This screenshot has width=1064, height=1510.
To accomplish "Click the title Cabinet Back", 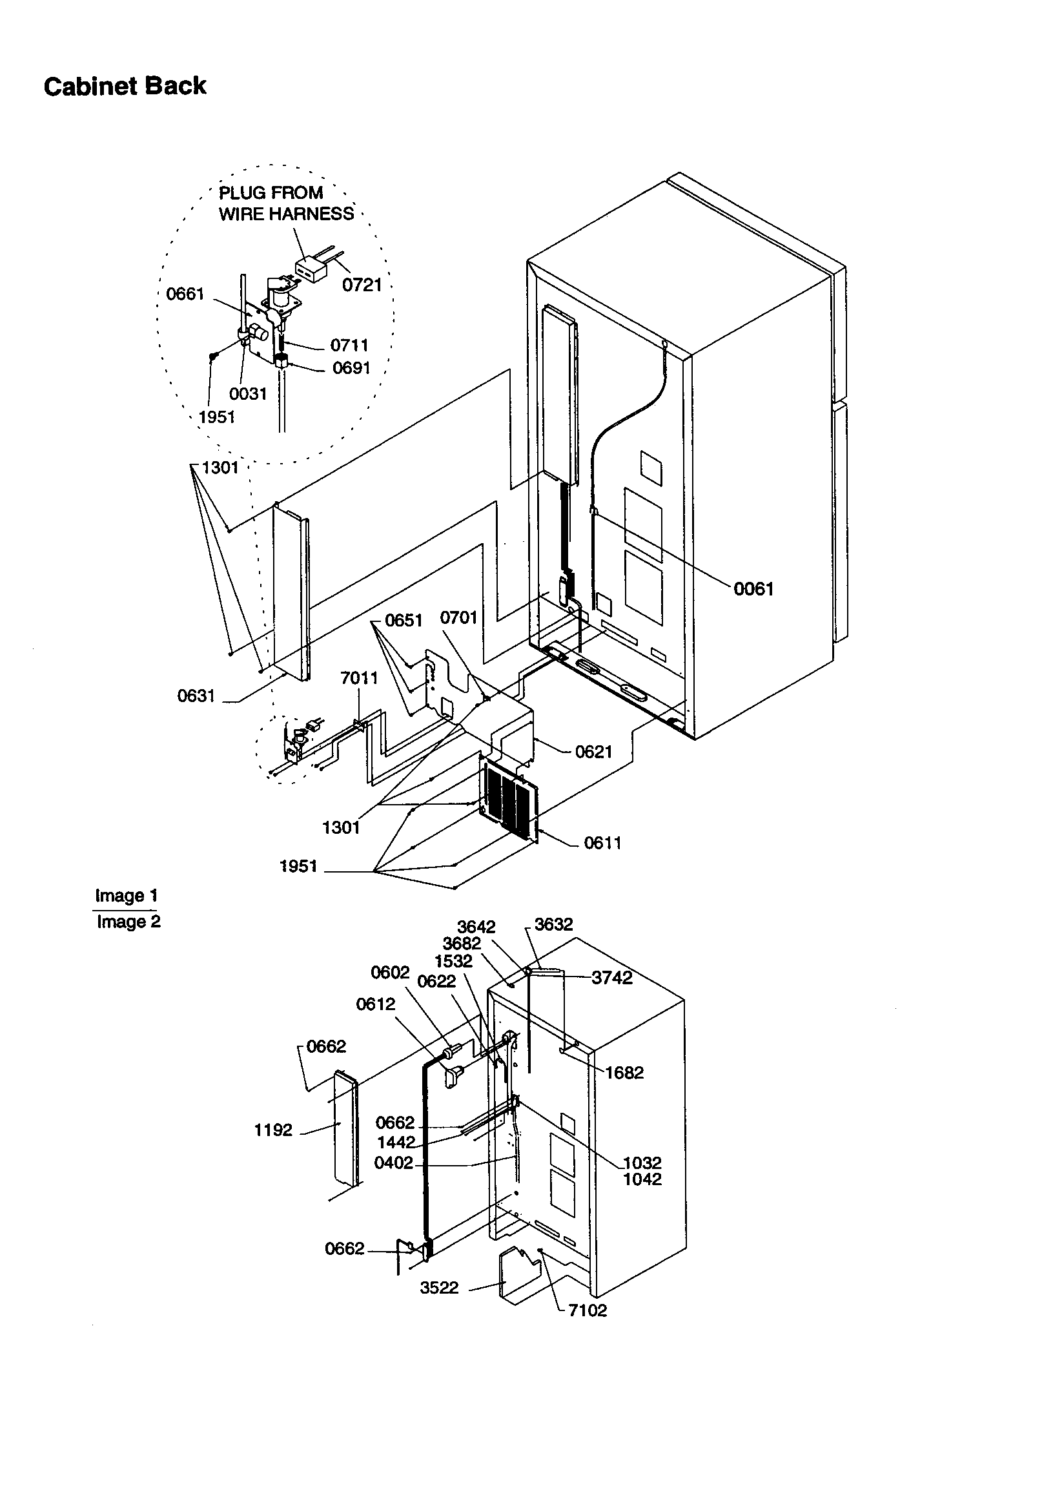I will pyautogui.click(x=125, y=86).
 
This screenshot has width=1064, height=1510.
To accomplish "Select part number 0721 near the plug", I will pyautogui.click(x=362, y=285).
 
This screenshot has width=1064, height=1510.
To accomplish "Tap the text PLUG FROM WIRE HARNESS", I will pyautogui.click(x=286, y=203).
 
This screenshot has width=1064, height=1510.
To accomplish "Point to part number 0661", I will pyautogui.click(x=185, y=294).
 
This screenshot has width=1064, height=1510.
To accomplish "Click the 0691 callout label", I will pyautogui.click(x=351, y=368).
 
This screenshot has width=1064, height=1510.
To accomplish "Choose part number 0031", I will pyautogui.click(x=248, y=394).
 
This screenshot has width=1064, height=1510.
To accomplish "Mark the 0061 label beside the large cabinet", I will pyautogui.click(x=753, y=589).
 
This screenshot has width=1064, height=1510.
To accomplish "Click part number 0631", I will pyautogui.click(x=196, y=696).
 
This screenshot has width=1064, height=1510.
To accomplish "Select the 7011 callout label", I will pyautogui.click(x=359, y=678).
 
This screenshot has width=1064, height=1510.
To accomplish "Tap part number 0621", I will pyautogui.click(x=593, y=752).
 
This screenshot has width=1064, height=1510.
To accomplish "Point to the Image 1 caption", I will pyautogui.click(x=127, y=896).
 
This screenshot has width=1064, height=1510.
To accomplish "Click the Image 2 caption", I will pyautogui.click(x=128, y=922).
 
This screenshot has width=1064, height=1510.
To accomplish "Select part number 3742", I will pyautogui.click(x=611, y=978).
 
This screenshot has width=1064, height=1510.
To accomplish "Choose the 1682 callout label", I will pyautogui.click(x=624, y=1073).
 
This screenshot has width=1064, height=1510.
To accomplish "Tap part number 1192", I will pyautogui.click(x=273, y=1130).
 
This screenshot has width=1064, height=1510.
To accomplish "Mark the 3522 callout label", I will pyautogui.click(x=439, y=1288).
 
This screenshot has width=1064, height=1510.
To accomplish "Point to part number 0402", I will pyautogui.click(x=393, y=1163).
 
